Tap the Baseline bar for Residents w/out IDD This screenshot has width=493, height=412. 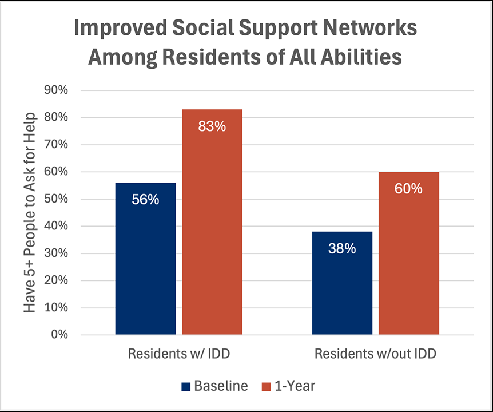point(342,283)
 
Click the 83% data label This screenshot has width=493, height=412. point(212,126)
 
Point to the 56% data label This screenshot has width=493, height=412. point(145,200)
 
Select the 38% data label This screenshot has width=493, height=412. point(342,249)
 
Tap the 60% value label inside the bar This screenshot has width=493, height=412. point(409,189)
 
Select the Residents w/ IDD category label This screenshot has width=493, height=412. point(178,354)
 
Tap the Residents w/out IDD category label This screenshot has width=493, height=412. point(375,354)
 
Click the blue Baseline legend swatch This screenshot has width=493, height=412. point(186,386)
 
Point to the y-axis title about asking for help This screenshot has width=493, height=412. point(30,212)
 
